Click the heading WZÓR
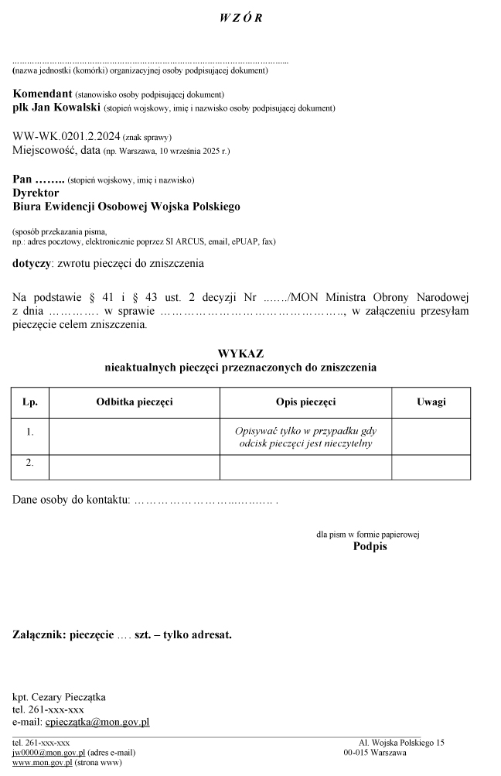(x=241, y=19)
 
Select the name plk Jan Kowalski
(x=46, y=108)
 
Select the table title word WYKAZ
(x=240, y=354)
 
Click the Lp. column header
(x=30, y=402)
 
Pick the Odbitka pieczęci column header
(x=135, y=402)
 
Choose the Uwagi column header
(x=431, y=402)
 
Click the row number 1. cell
(x=30, y=432)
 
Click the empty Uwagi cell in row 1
(x=431, y=436)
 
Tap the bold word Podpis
(x=370, y=547)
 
